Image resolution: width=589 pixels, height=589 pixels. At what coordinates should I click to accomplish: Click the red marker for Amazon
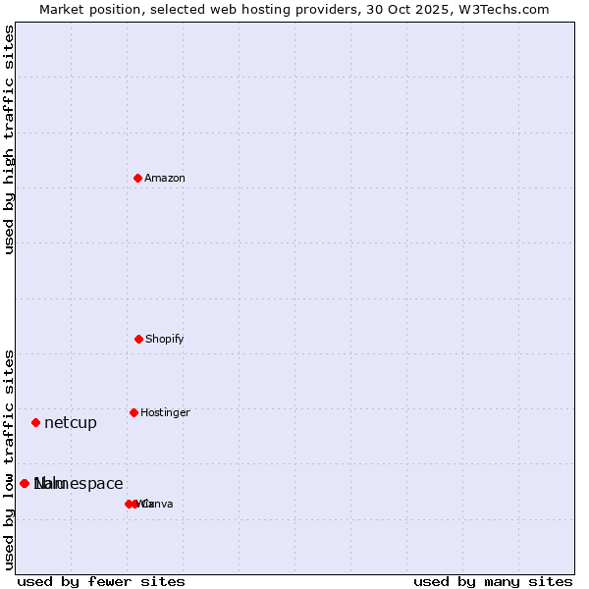138,178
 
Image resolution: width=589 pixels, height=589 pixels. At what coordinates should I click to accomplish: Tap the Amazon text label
165,178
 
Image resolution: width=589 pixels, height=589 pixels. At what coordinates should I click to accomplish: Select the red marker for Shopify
138,339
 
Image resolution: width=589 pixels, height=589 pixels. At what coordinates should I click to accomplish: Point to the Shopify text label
165,339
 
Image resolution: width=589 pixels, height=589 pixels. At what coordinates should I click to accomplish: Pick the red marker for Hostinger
134,412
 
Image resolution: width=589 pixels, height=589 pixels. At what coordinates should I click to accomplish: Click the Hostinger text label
165,412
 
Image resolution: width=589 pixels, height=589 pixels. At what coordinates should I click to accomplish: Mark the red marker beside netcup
35,422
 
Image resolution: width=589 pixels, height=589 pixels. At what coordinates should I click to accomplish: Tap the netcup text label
71,423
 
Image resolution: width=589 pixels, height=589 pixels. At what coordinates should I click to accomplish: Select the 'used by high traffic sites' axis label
9,139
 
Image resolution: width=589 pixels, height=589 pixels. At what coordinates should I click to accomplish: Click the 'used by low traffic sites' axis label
9,459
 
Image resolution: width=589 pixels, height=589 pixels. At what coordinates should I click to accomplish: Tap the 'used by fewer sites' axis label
101,581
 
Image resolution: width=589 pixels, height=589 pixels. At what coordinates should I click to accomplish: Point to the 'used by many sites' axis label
493,581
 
